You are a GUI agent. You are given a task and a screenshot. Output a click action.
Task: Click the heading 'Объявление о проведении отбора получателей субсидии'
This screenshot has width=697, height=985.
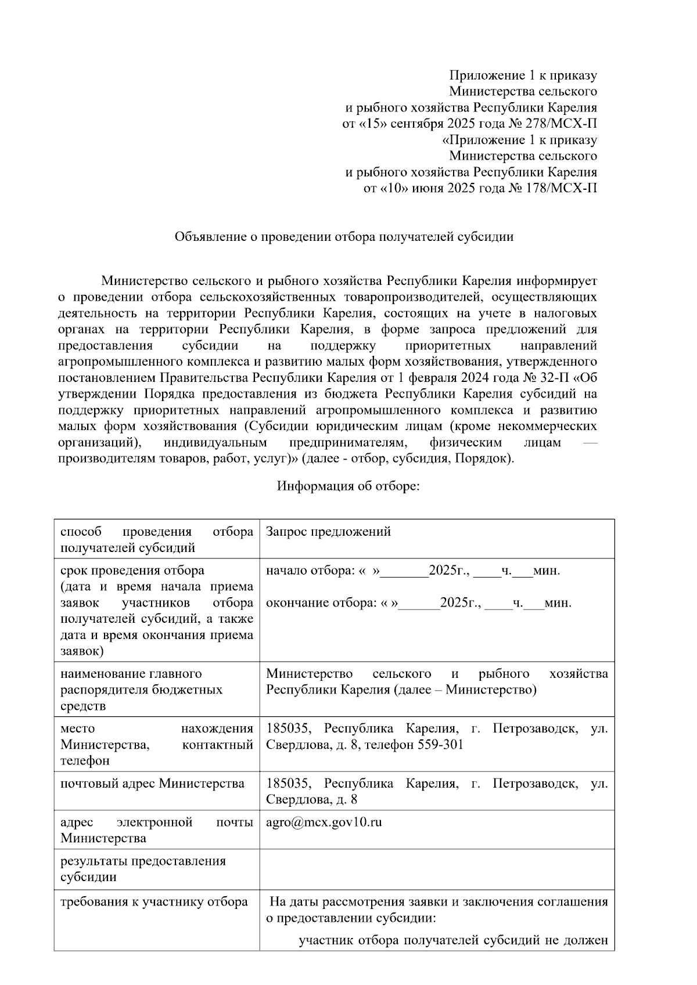tap(344, 237)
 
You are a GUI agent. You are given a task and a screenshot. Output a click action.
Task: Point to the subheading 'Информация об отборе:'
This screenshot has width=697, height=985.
tap(348, 486)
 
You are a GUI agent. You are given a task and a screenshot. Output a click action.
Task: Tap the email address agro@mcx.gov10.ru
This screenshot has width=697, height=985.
tap(324, 822)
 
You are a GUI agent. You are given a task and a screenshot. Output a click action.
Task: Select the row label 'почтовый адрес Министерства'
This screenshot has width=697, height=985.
tap(152, 784)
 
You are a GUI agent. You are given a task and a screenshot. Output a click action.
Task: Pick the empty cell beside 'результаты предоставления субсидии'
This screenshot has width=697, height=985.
tap(437, 868)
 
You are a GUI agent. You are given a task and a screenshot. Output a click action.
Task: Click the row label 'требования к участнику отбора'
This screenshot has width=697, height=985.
tap(154, 902)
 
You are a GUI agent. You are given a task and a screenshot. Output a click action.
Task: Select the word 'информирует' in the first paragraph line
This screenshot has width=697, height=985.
tap(556, 281)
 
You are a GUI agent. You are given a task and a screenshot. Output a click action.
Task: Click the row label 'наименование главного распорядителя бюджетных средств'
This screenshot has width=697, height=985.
tap(142, 690)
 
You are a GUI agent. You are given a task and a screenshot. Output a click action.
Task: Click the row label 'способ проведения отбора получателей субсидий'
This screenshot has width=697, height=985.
tap(157, 539)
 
